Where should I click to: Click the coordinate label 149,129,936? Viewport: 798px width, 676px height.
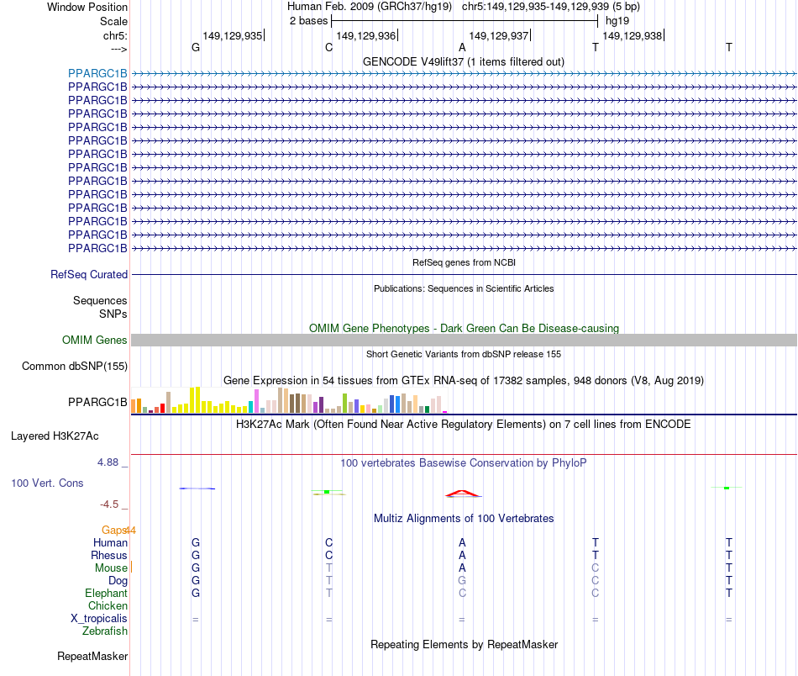tap(365, 35)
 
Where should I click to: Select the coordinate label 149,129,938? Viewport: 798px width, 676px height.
tap(632, 35)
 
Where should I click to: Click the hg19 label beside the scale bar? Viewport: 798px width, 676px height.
tap(617, 20)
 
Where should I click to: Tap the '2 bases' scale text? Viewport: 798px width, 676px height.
tap(308, 20)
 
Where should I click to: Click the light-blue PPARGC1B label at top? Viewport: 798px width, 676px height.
tap(97, 73)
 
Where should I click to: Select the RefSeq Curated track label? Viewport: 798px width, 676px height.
tap(89, 275)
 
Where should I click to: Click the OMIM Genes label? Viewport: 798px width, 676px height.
tap(95, 341)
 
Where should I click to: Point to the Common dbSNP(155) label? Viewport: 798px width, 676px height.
tap(74, 367)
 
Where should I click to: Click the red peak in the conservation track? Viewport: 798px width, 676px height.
tap(462, 492)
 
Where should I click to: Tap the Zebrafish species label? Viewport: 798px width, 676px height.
tap(104, 631)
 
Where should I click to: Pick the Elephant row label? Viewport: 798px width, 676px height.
tap(106, 594)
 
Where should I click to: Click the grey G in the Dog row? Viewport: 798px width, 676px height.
tap(462, 581)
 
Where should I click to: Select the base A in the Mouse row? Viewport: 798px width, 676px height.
tap(462, 568)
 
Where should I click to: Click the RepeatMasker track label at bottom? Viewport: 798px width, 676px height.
tap(92, 657)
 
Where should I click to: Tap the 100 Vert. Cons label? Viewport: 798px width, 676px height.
tap(48, 483)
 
